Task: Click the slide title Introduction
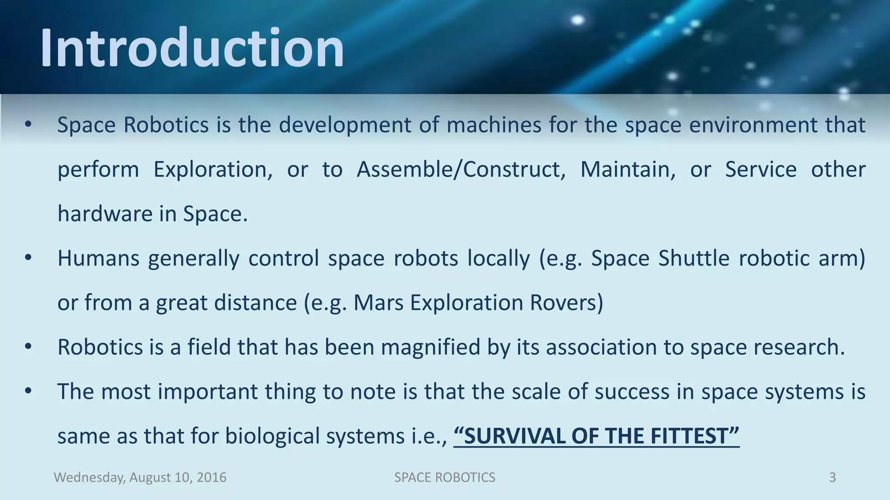[192, 48]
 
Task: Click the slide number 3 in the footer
[832, 477]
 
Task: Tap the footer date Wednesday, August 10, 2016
[140, 477]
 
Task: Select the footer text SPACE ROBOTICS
[445, 477]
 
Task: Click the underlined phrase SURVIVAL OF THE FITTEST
[596, 436]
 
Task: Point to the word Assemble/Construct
[461, 169]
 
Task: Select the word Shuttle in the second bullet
[694, 258]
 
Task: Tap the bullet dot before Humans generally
[28, 258]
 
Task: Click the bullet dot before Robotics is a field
[28, 347]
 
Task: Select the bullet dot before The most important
[28, 391]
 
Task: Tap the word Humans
[98, 258]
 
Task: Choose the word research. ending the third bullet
[799, 347]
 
